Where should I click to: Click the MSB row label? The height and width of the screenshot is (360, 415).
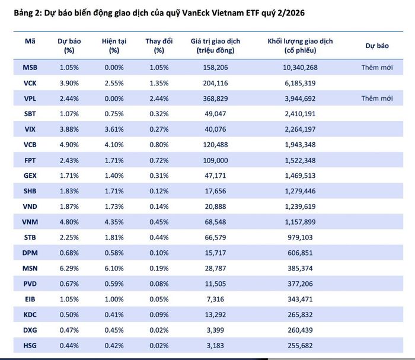click(30, 68)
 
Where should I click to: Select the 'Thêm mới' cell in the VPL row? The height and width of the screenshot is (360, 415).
click(377, 98)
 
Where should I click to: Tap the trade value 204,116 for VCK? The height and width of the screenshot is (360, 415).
click(215, 83)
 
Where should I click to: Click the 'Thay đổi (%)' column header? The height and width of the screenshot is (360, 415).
click(159, 46)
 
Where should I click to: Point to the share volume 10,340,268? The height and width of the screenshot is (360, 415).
click(300, 68)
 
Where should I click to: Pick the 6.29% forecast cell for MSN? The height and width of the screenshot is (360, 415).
click(69, 269)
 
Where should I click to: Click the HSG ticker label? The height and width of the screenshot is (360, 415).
click(30, 345)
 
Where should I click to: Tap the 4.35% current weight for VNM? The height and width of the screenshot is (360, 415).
click(114, 222)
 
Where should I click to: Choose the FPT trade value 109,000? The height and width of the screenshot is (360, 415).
click(215, 160)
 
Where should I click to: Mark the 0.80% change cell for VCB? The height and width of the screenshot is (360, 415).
click(159, 145)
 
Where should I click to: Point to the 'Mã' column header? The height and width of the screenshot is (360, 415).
click(30, 42)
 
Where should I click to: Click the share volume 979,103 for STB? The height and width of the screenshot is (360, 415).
click(300, 237)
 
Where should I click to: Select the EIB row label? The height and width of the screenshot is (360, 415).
click(30, 299)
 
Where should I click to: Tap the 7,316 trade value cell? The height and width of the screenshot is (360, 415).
click(215, 299)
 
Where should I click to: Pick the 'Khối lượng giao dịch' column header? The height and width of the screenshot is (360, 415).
click(300, 46)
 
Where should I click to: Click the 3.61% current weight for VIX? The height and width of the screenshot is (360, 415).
click(114, 129)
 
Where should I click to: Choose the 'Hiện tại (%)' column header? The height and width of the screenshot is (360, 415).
click(114, 46)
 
